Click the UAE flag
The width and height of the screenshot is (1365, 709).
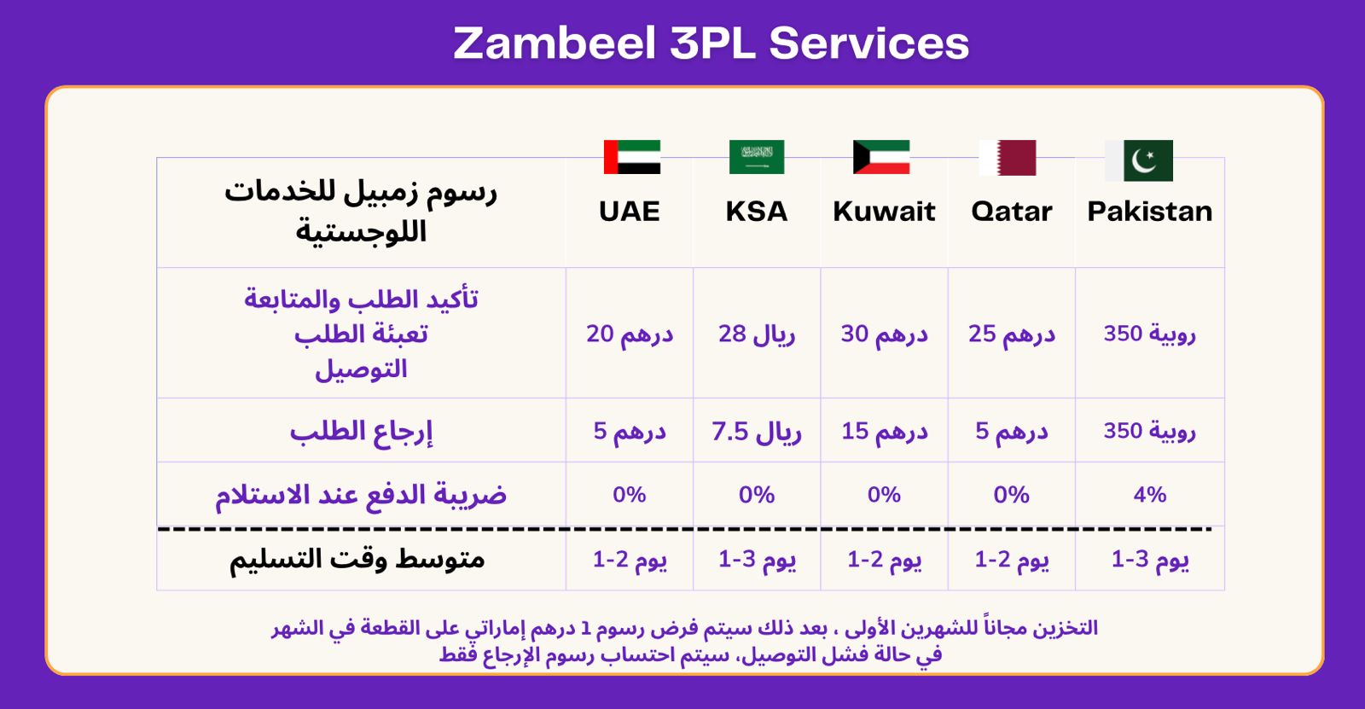click(632, 157)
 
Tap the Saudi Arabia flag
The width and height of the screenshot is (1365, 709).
click(757, 157)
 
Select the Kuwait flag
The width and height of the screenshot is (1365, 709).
click(881, 157)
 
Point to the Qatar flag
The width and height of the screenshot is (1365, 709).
click(1008, 157)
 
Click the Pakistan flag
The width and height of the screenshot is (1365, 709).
click(1139, 160)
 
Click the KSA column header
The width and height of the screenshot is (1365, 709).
click(756, 212)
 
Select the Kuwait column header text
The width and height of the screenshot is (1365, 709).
click(884, 212)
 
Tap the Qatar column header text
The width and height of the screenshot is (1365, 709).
click(1012, 212)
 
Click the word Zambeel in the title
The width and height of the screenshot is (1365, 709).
click(554, 43)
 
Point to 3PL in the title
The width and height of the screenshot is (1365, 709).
click(712, 43)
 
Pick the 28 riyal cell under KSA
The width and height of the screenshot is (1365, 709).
click(757, 334)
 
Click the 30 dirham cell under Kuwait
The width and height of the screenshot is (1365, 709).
click(884, 334)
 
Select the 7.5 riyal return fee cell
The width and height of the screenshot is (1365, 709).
click(757, 432)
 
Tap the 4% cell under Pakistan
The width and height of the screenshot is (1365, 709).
click(1150, 494)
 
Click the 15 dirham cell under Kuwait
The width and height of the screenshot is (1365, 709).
click(884, 432)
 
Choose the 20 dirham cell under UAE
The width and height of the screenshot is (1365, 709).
click(630, 334)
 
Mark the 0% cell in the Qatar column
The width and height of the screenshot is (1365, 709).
click(1012, 494)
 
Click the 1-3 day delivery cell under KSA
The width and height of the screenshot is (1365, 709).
click(757, 560)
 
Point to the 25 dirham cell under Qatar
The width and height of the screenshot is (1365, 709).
click(1012, 334)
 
